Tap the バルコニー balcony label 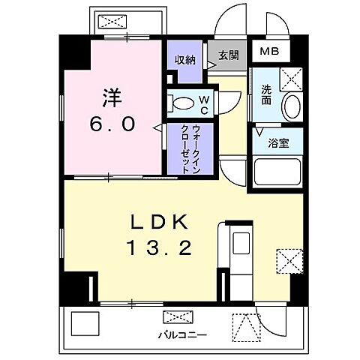coord(177,334)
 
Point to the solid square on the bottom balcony coord(85,324)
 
